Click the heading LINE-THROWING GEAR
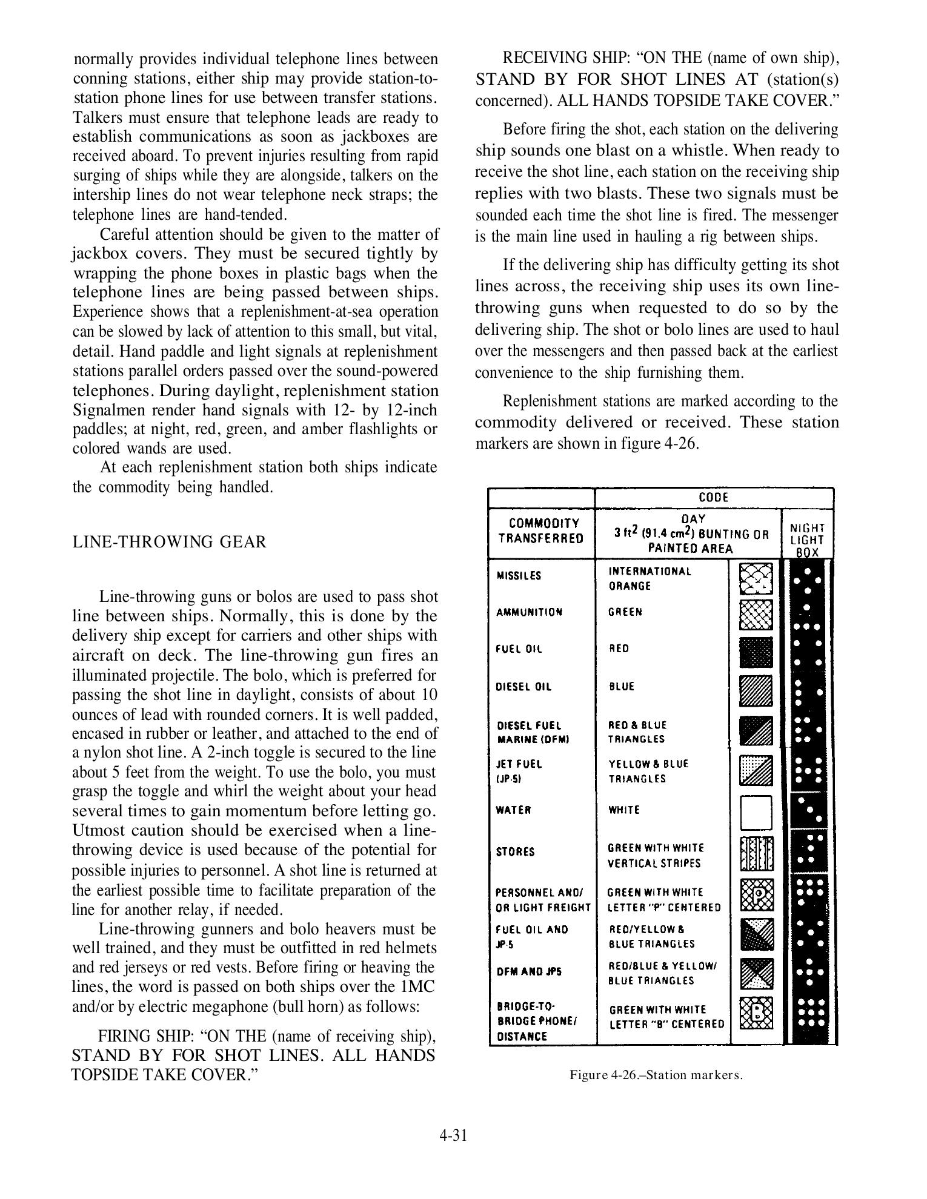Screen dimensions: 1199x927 (x=169, y=541)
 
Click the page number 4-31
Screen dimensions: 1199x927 (x=453, y=1135)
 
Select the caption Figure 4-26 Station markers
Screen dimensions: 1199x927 (x=656, y=1074)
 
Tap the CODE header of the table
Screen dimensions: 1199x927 (x=713, y=497)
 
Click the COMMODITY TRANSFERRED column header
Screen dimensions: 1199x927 (x=543, y=530)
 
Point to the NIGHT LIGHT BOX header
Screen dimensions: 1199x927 (x=807, y=540)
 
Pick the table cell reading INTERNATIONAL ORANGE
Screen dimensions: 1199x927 (x=650, y=578)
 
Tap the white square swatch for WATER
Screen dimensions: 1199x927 (x=756, y=812)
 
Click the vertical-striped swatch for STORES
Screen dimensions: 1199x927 (x=757, y=854)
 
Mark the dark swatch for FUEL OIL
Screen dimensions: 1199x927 (x=756, y=652)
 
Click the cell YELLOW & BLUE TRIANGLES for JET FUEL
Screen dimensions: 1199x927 (x=648, y=771)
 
